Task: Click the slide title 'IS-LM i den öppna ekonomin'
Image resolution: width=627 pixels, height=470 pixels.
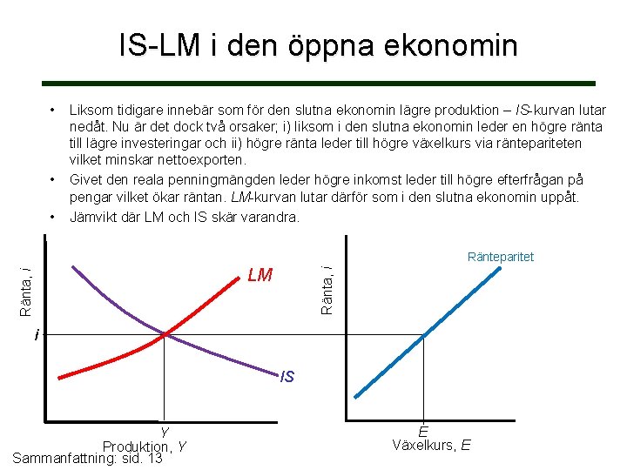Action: pyautogui.click(x=318, y=45)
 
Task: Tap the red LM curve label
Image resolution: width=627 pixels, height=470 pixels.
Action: pyautogui.click(x=260, y=276)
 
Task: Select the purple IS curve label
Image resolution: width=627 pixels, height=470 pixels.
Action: pyautogui.click(x=287, y=377)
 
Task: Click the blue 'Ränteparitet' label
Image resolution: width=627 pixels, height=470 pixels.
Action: pyautogui.click(x=500, y=257)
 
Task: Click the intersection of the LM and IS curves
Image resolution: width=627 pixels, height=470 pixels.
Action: pyautogui.click(x=165, y=334)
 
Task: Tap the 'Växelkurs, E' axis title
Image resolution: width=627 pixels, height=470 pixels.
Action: pyautogui.click(x=431, y=446)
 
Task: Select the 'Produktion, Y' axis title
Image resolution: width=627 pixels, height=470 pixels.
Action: pyautogui.click(x=144, y=446)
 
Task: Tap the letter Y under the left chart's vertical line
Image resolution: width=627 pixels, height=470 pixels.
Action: pyautogui.click(x=164, y=433)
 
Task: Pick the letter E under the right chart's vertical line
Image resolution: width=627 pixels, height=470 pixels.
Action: pyautogui.click(x=422, y=432)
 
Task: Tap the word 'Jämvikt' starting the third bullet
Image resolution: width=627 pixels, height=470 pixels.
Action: pyautogui.click(x=93, y=216)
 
